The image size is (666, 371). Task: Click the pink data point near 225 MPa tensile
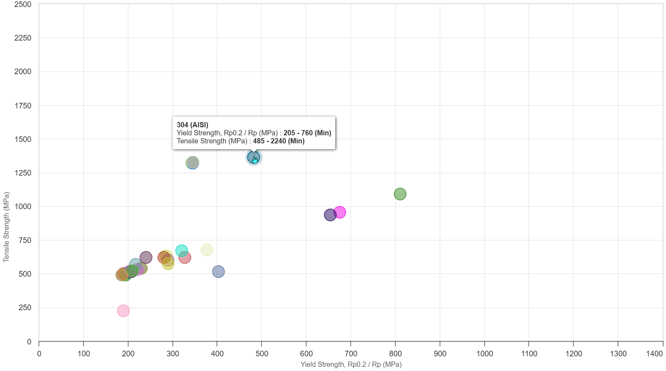pyautogui.click(x=123, y=311)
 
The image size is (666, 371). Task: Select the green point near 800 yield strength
pyautogui.click(x=400, y=194)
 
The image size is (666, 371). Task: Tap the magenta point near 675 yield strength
pyautogui.click(x=339, y=212)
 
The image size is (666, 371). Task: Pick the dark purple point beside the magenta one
pyautogui.click(x=330, y=215)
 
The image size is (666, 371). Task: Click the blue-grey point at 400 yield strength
pyautogui.click(x=218, y=272)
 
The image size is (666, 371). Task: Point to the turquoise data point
pyautogui.click(x=181, y=250)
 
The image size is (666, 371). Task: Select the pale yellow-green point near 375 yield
pyautogui.click(x=207, y=250)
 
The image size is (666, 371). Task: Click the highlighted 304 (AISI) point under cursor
pyautogui.click(x=253, y=157)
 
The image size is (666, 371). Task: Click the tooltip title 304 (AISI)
pyautogui.click(x=192, y=125)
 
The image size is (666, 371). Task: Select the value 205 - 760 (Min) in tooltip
pyautogui.click(x=307, y=133)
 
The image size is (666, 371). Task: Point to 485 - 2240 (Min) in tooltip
pyautogui.click(x=279, y=141)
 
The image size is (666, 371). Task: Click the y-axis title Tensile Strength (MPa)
pyautogui.click(x=6, y=227)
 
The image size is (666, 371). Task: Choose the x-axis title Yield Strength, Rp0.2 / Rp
pyautogui.click(x=351, y=364)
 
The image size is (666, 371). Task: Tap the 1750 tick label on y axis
pyautogui.click(x=23, y=106)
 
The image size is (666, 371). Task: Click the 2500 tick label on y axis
pyautogui.click(x=23, y=5)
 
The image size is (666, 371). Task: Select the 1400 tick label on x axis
pyautogui.click(x=654, y=354)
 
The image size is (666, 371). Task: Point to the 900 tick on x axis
pyautogui.click(x=440, y=354)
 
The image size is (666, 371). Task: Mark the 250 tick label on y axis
pyautogui.click(x=25, y=308)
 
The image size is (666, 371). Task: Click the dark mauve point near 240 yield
pyautogui.click(x=146, y=258)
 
